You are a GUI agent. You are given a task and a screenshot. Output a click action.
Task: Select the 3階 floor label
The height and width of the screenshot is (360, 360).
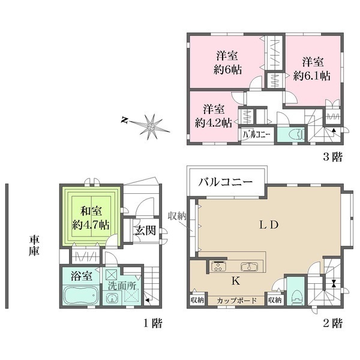click(332, 158)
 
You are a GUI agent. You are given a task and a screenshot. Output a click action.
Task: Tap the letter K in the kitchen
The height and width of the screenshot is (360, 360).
click(229, 279)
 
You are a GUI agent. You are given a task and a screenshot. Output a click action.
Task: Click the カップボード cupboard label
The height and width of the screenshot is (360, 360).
click(237, 300)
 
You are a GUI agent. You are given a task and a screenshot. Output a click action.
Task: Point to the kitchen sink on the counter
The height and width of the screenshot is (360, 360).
click(248, 267)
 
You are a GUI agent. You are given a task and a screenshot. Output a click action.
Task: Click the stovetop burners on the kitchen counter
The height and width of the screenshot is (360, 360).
click(217, 267)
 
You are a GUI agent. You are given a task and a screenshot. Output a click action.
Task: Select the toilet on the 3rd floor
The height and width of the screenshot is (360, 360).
click(295, 135)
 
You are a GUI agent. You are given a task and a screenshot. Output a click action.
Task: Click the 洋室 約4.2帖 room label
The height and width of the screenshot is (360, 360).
click(214, 116)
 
